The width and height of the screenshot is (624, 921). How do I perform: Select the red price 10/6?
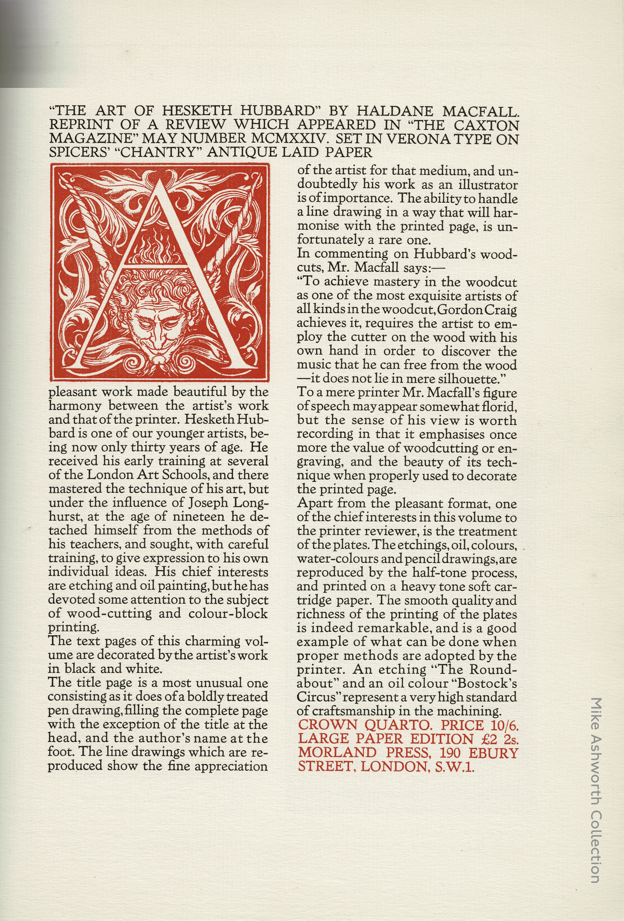click(x=502, y=725)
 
